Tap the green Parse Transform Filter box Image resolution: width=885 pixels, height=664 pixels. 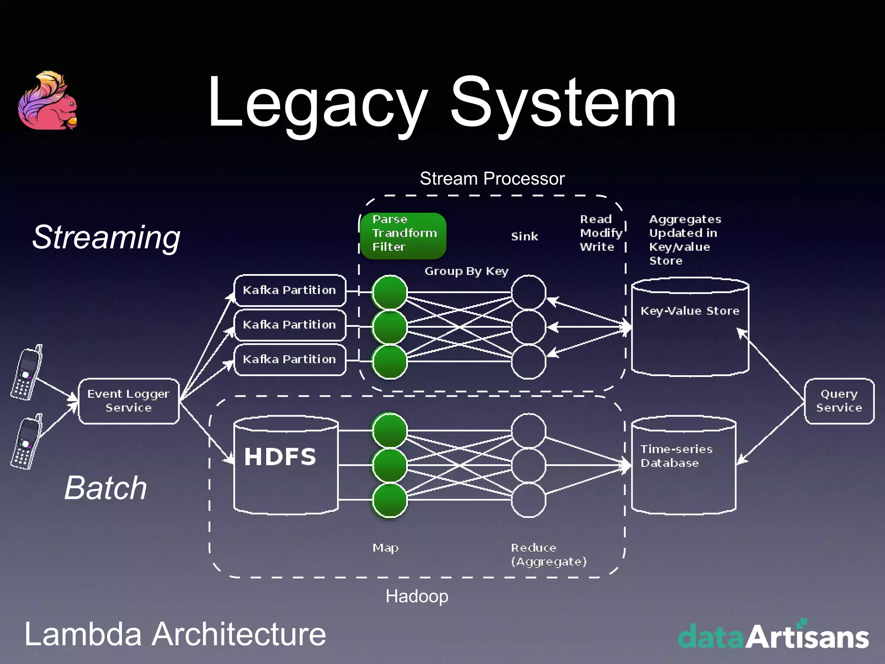tap(403, 236)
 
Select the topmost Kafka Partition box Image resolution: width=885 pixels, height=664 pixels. tap(290, 290)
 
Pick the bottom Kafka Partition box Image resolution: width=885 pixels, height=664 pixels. tap(290, 359)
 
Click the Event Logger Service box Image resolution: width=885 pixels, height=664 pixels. tap(128, 401)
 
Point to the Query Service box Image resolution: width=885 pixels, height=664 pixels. tap(839, 401)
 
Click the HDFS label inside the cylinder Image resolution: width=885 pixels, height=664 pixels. tap(280, 457)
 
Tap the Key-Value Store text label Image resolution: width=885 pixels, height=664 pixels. tap(690, 311)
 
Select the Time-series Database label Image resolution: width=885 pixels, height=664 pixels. tap(676, 456)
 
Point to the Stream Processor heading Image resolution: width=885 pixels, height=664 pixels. tap(492, 179)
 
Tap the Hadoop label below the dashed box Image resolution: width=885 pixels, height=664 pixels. tap(417, 596)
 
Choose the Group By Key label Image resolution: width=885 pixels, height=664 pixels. tap(466, 271)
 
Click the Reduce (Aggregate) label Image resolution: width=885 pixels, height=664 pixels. tap(548, 555)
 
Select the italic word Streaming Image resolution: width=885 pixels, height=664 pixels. tap(106, 237)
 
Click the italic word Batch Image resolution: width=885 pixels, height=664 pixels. tap(106, 488)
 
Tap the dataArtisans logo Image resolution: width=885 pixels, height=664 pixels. tap(773, 636)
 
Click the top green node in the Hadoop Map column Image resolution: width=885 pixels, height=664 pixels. tap(389, 431)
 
